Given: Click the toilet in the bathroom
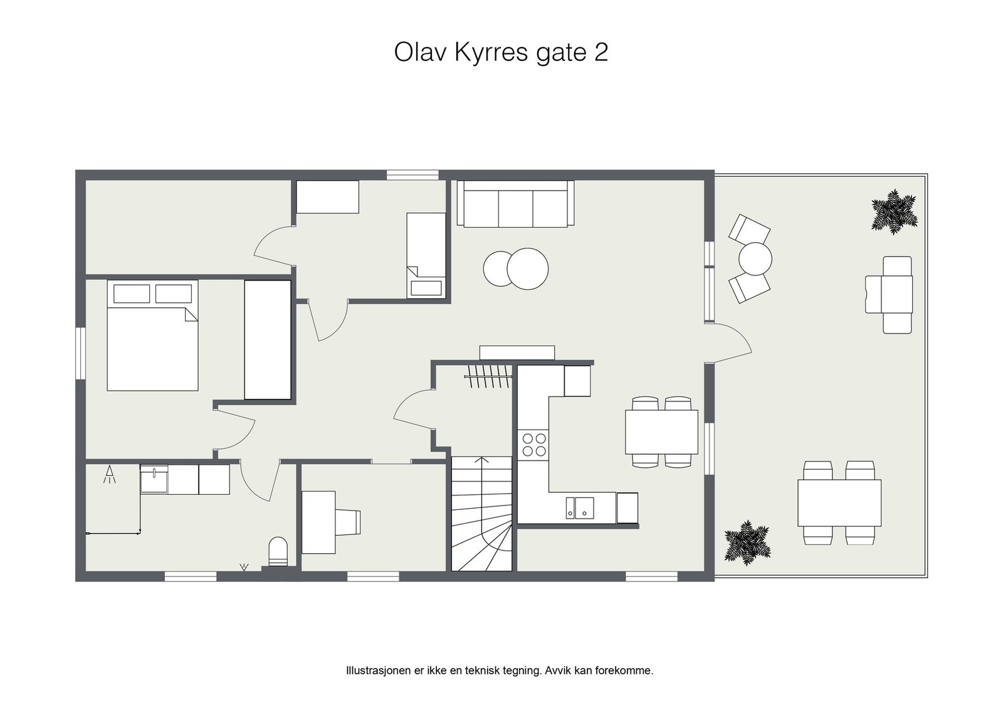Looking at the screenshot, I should (x=278, y=551).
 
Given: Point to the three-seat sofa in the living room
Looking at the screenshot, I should (x=515, y=204).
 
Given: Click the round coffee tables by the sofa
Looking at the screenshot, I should (x=516, y=269).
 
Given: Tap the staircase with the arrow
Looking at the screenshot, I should (x=481, y=514).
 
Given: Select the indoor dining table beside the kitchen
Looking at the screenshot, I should (x=661, y=432).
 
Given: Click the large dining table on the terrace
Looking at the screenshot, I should (x=839, y=503).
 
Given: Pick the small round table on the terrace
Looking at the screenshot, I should (x=755, y=258).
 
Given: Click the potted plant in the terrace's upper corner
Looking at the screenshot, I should (x=894, y=212).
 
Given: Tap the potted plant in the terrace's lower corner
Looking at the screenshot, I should (x=747, y=542).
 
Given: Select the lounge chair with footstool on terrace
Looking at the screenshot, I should (x=890, y=294).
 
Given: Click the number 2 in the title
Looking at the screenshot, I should (x=600, y=53).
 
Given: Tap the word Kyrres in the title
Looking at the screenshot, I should (x=492, y=53).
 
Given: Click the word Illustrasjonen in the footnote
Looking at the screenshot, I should (x=377, y=670).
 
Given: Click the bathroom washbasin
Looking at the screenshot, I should (x=154, y=479).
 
